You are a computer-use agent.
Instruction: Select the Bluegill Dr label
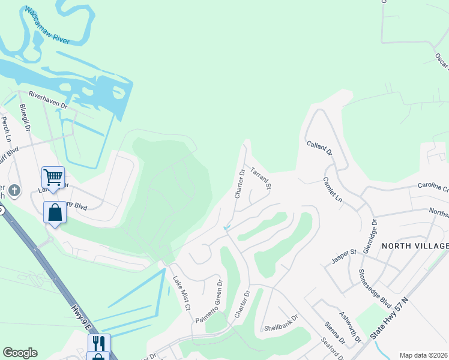click(25, 118)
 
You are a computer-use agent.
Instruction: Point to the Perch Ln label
click(6, 129)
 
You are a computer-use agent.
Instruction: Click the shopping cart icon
click(53, 177)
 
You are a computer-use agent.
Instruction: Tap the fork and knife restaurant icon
click(99, 343)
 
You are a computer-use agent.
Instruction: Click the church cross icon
click(15, 191)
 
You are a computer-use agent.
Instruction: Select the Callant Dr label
click(319, 148)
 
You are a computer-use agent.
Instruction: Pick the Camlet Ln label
click(332, 190)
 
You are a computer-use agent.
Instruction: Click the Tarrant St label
click(261, 178)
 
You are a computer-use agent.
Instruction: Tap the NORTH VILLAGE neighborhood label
click(415, 246)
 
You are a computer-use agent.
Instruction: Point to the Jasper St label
click(345, 257)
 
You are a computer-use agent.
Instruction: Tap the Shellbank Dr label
click(281, 323)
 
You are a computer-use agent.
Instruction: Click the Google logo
click(20, 353)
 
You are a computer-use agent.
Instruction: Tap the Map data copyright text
click(424, 355)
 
